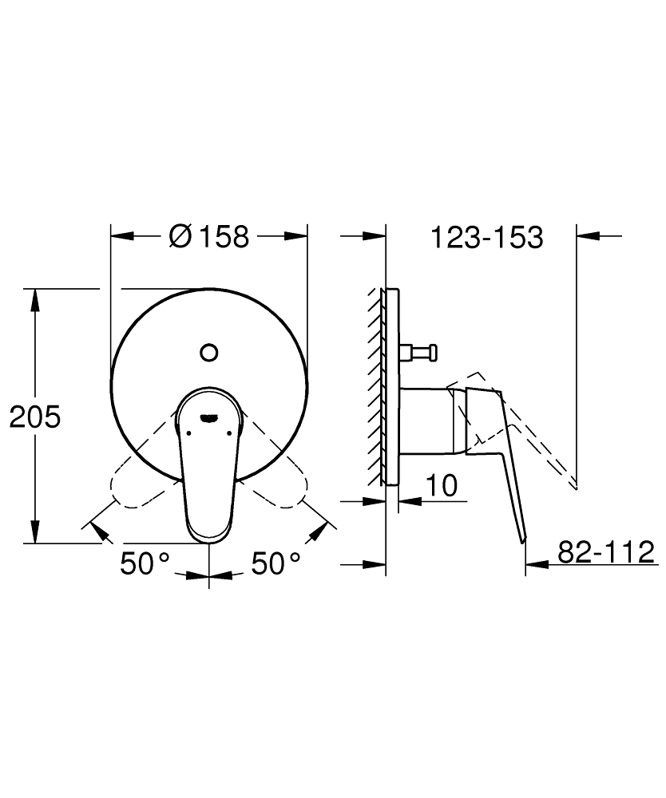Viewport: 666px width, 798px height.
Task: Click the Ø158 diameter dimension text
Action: [x=209, y=237]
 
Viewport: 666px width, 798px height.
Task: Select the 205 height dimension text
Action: [x=35, y=417]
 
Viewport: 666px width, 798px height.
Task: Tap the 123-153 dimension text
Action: [x=487, y=238]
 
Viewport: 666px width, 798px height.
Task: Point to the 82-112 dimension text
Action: [x=606, y=551]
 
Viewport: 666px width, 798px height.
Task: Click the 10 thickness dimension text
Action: [x=442, y=485]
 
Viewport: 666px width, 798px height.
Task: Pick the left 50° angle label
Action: [x=145, y=563]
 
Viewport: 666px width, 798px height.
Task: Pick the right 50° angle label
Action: [x=276, y=563]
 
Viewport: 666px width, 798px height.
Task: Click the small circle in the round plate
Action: [x=209, y=352]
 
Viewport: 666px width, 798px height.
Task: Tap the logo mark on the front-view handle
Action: [x=209, y=418]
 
